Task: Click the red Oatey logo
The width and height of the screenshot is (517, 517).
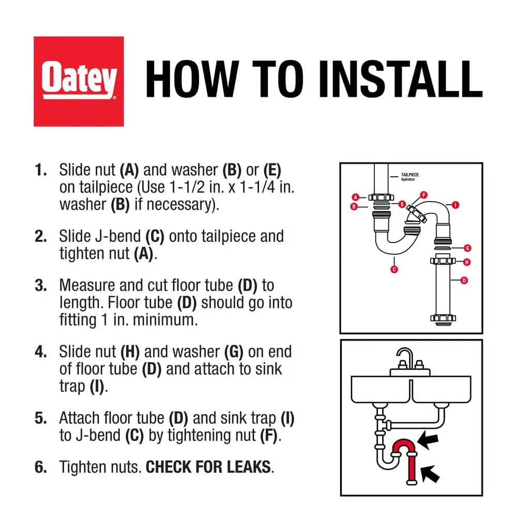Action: (x=79, y=82)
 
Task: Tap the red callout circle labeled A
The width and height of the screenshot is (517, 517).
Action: (x=356, y=197)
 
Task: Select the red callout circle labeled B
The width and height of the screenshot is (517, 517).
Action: (x=354, y=207)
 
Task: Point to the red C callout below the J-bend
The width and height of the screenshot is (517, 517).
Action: (x=394, y=269)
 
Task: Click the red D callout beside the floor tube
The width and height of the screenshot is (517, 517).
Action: (x=464, y=281)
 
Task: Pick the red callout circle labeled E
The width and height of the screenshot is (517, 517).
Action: (x=402, y=204)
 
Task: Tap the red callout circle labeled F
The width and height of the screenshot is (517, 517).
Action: (x=424, y=195)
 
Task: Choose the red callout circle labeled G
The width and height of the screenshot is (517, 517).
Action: (x=467, y=248)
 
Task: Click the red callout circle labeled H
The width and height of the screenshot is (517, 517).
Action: (x=466, y=262)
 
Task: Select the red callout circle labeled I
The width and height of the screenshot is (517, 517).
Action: (x=455, y=205)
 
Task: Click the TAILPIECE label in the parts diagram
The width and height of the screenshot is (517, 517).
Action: (x=410, y=175)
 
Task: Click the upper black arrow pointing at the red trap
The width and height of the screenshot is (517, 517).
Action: (x=428, y=440)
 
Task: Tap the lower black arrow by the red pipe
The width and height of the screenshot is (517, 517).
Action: (x=431, y=474)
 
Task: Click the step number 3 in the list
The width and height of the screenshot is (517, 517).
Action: (x=40, y=285)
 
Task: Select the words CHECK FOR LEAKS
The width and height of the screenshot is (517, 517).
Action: (x=208, y=467)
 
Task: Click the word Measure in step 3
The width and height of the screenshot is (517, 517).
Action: (x=87, y=285)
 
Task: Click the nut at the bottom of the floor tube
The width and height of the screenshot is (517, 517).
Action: (x=443, y=318)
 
